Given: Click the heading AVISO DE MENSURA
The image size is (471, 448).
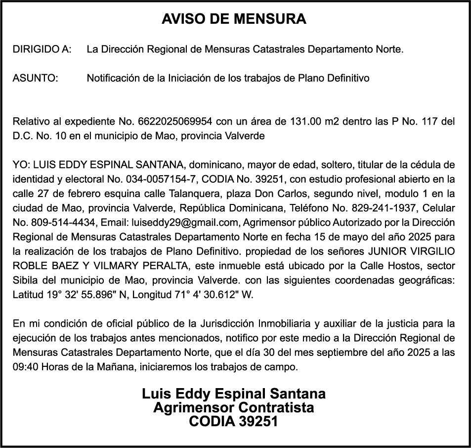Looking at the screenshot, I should pos(234,19).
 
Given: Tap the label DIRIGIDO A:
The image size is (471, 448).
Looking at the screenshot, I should pos(42,50).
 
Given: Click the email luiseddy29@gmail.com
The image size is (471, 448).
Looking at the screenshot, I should pos(181,222).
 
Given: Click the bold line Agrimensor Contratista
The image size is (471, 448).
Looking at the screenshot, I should pos(234,408).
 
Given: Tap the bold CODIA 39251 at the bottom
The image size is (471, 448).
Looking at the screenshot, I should pos(234,422).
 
